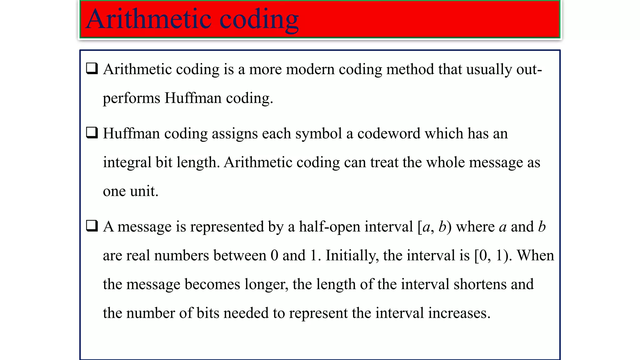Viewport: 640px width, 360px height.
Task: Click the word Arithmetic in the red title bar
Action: (x=148, y=19)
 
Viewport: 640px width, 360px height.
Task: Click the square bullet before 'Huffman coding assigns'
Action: (x=92, y=133)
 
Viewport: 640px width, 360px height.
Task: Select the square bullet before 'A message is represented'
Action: (x=92, y=226)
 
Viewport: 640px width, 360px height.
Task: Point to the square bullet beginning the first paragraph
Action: (x=92, y=68)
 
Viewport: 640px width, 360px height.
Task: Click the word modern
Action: (x=310, y=69)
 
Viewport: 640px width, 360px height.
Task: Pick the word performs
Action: (x=132, y=98)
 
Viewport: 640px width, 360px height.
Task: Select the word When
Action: (x=535, y=255)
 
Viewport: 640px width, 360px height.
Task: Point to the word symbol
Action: (x=318, y=134)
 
